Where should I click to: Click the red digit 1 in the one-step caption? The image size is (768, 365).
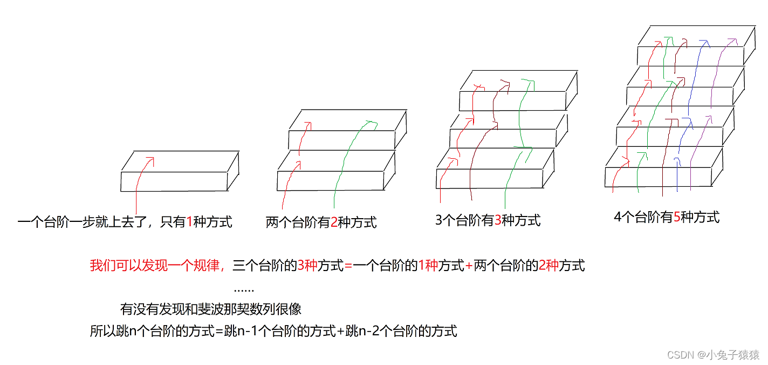189,222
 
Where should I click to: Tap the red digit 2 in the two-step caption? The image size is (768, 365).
334,222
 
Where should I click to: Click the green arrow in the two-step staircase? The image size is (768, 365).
345,162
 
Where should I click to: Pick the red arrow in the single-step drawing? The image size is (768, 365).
141,178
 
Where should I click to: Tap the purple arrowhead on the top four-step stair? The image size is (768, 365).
731,40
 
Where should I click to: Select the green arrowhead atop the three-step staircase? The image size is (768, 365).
529,82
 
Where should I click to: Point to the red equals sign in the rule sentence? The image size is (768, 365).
348,266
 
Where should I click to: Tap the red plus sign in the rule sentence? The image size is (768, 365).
469,266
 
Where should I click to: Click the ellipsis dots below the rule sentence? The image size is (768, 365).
244,290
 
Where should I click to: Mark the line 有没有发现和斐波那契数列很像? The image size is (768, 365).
211,309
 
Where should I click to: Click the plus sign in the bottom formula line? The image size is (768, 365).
340,331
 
